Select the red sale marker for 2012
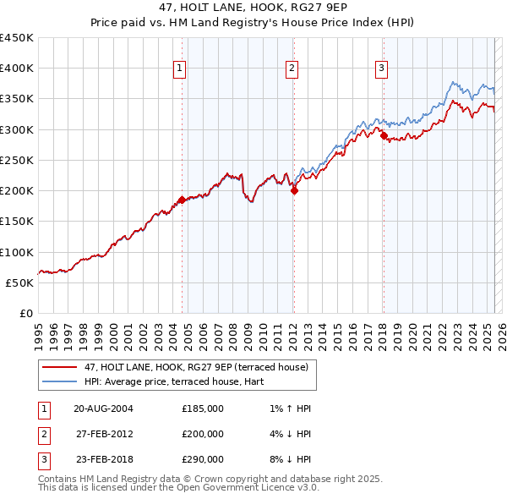[x=295, y=191]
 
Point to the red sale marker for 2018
[x=384, y=135]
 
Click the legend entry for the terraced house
[x=200, y=367]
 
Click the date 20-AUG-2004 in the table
[x=104, y=409]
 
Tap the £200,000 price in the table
[x=203, y=434]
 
